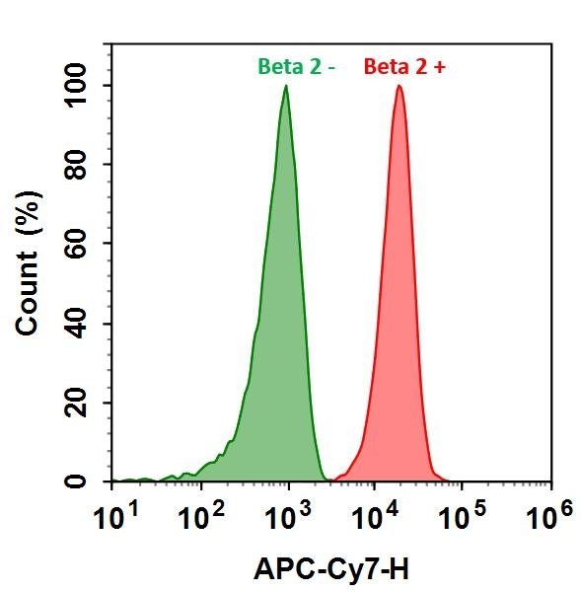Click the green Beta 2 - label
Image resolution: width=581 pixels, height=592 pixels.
click(297, 66)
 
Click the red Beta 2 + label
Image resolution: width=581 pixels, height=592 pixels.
click(403, 66)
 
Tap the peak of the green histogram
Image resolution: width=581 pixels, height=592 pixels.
click(286, 87)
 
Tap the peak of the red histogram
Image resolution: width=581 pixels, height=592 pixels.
click(399, 87)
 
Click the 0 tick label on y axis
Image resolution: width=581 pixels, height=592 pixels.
click(95, 481)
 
